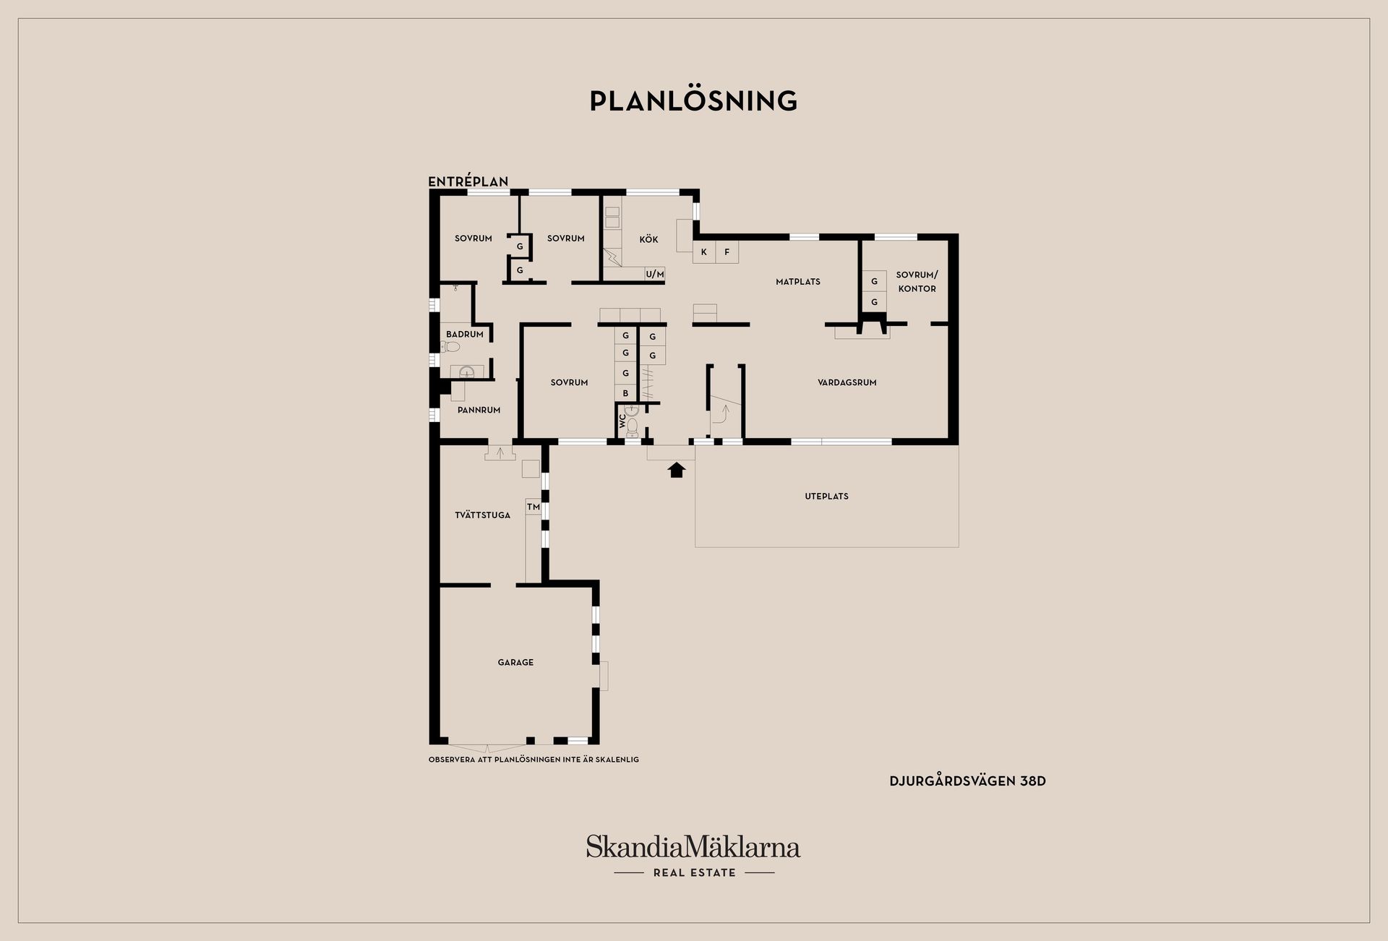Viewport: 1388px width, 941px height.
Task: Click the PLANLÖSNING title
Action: pyautogui.click(x=693, y=101)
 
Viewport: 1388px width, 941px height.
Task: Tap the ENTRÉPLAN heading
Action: pyautogui.click(x=468, y=182)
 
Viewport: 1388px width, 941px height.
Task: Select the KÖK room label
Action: pyautogui.click(x=648, y=239)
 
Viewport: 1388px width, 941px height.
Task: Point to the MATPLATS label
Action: pyautogui.click(x=798, y=282)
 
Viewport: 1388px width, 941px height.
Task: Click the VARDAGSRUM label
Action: pyautogui.click(x=847, y=382)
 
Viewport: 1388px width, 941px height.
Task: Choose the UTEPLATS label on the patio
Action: pyautogui.click(x=826, y=497)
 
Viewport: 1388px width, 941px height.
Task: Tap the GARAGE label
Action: pyautogui.click(x=515, y=662)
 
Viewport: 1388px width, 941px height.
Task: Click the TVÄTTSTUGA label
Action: pyautogui.click(x=482, y=515)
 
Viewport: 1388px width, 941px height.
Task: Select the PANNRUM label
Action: pyautogui.click(x=479, y=410)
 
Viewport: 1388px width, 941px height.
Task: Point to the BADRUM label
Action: pyautogui.click(x=465, y=335)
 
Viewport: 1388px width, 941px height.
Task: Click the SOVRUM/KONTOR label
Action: pyautogui.click(x=917, y=282)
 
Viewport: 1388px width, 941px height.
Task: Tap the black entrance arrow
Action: pyautogui.click(x=676, y=470)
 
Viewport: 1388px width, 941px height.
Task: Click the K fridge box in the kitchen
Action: pyautogui.click(x=704, y=252)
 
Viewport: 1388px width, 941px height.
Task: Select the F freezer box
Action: pyautogui.click(x=727, y=252)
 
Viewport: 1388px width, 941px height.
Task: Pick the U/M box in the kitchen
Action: pyautogui.click(x=655, y=274)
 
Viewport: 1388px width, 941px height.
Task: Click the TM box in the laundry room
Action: pyautogui.click(x=534, y=507)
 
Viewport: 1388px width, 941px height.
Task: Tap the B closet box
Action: pyautogui.click(x=625, y=393)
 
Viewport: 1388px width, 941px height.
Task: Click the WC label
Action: pyautogui.click(x=622, y=420)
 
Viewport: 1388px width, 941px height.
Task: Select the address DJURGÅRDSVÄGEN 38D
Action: pyautogui.click(x=967, y=781)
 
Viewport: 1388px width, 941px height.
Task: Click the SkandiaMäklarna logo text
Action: pyautogui.click(x=693, y=846)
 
